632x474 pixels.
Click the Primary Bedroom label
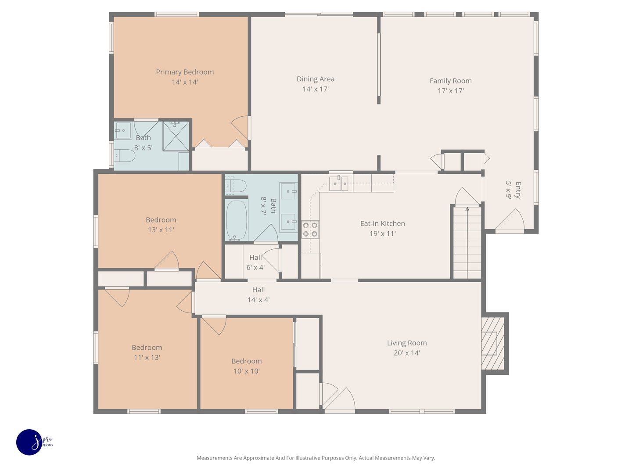point(185,72)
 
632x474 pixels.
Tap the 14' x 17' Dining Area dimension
point(315,89)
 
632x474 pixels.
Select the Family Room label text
point(450,81)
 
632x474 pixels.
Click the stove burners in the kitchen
point(310,230)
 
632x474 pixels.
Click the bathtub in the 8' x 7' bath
point(237,220)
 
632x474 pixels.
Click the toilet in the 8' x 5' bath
point(125,155)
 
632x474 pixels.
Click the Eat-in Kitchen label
point(382,223)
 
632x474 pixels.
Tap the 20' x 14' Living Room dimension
point(406,353)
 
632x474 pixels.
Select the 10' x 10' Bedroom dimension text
point(246,371)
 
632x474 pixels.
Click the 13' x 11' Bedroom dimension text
point(161,230)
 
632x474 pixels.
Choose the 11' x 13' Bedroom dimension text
point(147,358)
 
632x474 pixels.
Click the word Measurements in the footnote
point(215,458)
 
